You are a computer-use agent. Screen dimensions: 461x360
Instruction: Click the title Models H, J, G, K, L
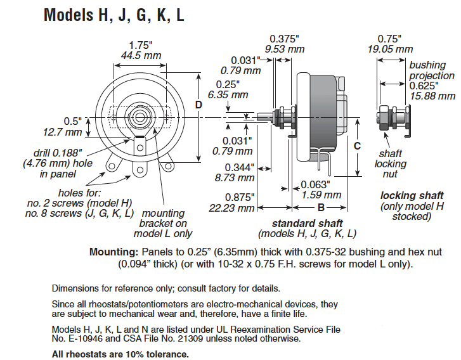click(114, 15)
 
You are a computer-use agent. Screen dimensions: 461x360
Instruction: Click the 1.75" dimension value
click(141, 45)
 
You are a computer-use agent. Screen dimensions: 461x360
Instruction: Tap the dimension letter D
click(198, 105)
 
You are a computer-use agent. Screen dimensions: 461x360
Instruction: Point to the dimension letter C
click(357, 146)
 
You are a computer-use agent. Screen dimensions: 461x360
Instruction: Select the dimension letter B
click(321, 208)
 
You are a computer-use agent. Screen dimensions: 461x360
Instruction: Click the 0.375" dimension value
click(284, 39)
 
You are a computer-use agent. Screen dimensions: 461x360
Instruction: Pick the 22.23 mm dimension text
click(231, 208)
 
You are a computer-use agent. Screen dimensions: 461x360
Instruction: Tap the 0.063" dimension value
click(315, 184)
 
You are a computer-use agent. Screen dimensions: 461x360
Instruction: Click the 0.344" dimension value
click(239, 167)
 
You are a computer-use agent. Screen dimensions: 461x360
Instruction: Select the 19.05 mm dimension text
click(390, 49)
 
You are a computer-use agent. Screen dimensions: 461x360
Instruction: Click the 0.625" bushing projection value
click(424, 86)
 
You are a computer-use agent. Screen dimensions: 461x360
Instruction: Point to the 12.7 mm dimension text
click(62, 132)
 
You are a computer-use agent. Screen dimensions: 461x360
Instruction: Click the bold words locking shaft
click(412, 195)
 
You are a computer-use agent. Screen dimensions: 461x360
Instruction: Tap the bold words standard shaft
click(307, 223)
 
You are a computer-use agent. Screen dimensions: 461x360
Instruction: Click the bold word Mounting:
click(114, 252)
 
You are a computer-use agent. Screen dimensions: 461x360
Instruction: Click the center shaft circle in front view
click(140, 117)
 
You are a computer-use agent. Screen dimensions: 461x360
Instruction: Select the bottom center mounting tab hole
click(140, 170)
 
